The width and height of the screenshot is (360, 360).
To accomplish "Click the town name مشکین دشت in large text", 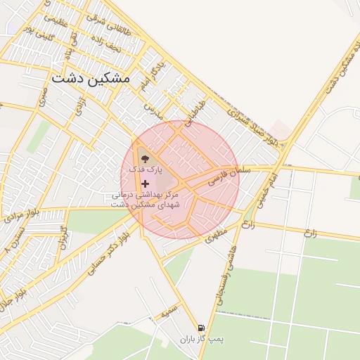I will point(90,79).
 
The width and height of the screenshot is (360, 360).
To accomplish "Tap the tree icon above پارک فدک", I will point(145,159).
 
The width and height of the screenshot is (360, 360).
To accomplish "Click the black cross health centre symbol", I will point(146,184).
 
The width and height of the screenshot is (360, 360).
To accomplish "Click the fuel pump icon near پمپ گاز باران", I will point(202,328).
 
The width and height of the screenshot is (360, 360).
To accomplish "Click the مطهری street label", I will point(217,235).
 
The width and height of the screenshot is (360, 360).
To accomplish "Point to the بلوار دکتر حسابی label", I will point(101,252).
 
